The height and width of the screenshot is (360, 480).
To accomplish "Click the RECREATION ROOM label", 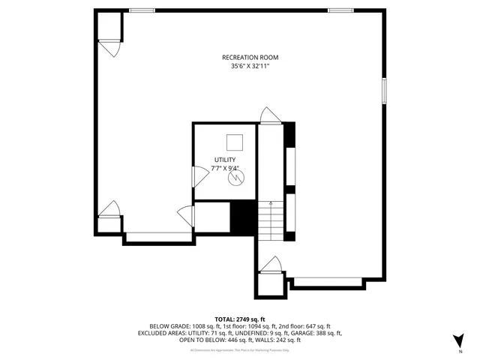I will coord(250,58).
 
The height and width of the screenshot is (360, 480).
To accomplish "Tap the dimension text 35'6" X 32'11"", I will coord(250,67).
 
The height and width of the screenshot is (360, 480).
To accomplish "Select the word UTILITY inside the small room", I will coord(225,160).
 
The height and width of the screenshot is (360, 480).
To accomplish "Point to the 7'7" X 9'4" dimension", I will coord(225,169).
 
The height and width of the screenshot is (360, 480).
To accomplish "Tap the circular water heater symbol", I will coord(235,179).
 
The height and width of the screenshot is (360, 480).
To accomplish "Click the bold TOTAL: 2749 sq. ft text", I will coord(239,319).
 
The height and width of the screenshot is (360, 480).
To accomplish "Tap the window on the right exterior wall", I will coord(383,91).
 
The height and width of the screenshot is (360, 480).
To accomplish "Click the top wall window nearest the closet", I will coord(142,10).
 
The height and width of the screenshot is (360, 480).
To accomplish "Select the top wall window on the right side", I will coord(340,10).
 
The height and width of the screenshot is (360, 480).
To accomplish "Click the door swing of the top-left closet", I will coord(110,49).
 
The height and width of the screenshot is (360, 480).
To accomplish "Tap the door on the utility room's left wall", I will coord(199,177).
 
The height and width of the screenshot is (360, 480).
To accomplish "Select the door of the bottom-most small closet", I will coord(271,264).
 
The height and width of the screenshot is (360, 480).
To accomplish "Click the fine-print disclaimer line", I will coord(239,349).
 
